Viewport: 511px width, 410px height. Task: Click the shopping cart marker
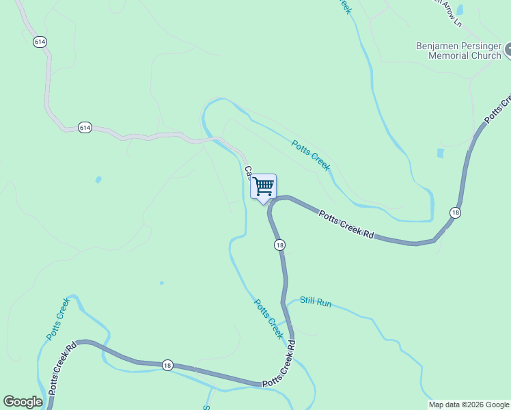pyautogui.click(x=264, y=187)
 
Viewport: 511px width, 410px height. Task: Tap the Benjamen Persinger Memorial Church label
pyautogui.click(x=458, y=51)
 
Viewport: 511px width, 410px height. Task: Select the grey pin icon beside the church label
pyautogui.click(x=508, y=49)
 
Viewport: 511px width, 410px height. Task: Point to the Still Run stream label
pyautogui.click(x=316, y=301)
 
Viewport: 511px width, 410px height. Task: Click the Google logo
pyautogui.click(x=23, y=402)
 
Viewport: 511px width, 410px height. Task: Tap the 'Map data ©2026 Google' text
pyautogui.click(x=468, y=405)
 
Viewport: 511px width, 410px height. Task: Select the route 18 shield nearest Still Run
pyautogui.click(x=279, y=245)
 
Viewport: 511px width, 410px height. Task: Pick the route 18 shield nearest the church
pyautogui.click(x=455, y=213)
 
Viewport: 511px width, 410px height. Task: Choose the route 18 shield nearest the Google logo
pyautogui.click(x=167, y=366)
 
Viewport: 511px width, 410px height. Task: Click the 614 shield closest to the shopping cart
pyautogui.click(x=85, y=128)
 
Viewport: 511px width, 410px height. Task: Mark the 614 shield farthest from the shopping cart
pyautogui.click(x=40, y=42)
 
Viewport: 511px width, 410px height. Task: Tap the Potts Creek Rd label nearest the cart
pyautogui.click(x=347, y=224)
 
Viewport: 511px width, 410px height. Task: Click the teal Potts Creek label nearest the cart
pyautogui.click(x=311, y=155)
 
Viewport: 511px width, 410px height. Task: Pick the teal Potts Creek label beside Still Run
pyautogui.click(x=268, y=318)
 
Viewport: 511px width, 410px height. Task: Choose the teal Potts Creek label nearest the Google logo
pyautogui.click(x=58, y=319)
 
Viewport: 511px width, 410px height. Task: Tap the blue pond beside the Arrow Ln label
pyautogui.click(x=459, y=10)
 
